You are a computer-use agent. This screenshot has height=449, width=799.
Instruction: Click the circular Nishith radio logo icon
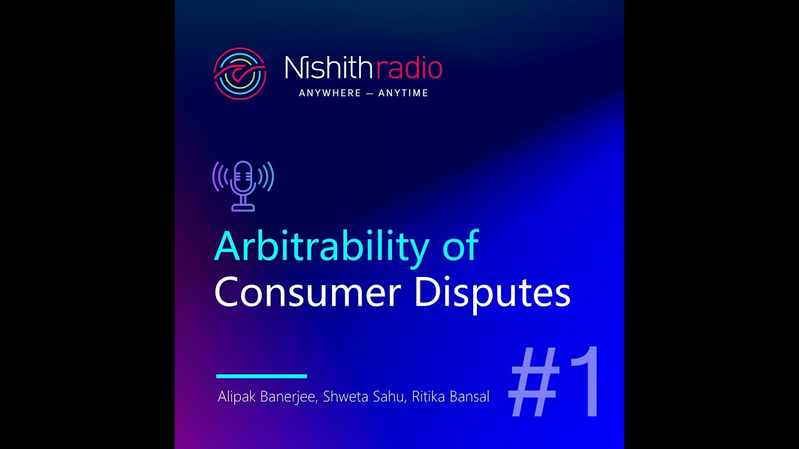click(x=240, y=74)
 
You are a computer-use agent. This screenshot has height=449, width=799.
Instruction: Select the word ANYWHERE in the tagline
click(x=330, y=93)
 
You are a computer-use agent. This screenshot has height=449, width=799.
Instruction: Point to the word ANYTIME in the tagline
click(x=403, y=93)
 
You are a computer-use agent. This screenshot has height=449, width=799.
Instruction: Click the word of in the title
click(x=460, y=246)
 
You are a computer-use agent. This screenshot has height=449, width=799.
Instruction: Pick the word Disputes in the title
click(x=492, y=293)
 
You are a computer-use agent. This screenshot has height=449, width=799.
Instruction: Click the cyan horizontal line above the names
click(x=262, y=376)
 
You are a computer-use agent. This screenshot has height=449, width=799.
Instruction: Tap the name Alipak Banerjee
click(x=267, y=397)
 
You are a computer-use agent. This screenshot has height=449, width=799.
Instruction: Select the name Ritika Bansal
click(x=451, y=397)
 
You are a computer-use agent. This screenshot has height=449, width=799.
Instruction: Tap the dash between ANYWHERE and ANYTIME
click(x=370, y=93)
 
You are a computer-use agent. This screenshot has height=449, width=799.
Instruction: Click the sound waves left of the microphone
click(x=220, y=177)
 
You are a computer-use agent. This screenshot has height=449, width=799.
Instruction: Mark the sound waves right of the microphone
click(x=267, y=177)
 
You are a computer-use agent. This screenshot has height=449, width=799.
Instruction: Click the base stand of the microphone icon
click(x=243, y=206)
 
